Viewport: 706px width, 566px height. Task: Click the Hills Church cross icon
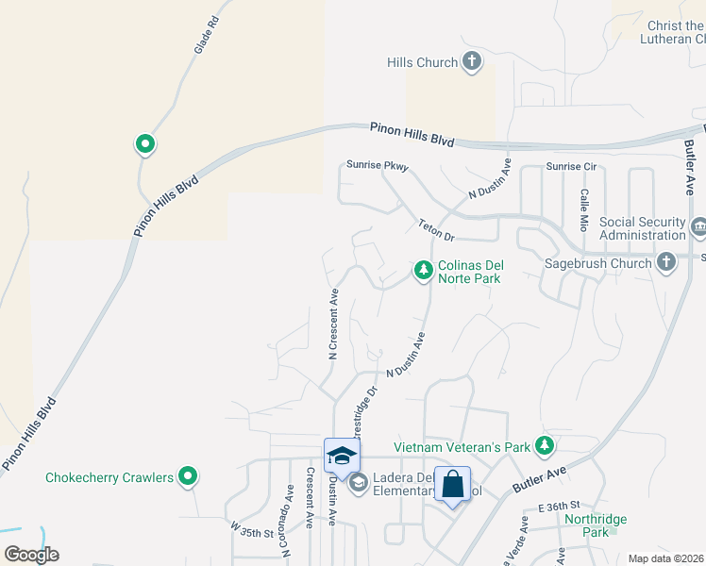(472, 62)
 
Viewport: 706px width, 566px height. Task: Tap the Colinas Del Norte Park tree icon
(424, 272)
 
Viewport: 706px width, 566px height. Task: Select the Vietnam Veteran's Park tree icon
(544, 444)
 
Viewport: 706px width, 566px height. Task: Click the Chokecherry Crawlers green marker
(189, 477)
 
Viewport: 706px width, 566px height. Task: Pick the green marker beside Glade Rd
(144, 144)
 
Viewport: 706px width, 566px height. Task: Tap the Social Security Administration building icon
(698, 226)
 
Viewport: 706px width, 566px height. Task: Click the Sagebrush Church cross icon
(666, 262)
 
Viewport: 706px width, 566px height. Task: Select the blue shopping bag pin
(453, 485)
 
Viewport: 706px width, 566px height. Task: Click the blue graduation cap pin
(341, 457)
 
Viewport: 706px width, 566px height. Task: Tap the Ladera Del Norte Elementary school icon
(358, 483)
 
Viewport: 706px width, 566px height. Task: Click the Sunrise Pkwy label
(377, 165)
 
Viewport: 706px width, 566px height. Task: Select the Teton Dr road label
(437, 229)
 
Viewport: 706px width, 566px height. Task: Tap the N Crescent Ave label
(333, 324)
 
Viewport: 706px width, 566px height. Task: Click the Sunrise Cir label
(572, 167)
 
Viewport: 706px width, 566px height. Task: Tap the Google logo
(31, 554)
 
